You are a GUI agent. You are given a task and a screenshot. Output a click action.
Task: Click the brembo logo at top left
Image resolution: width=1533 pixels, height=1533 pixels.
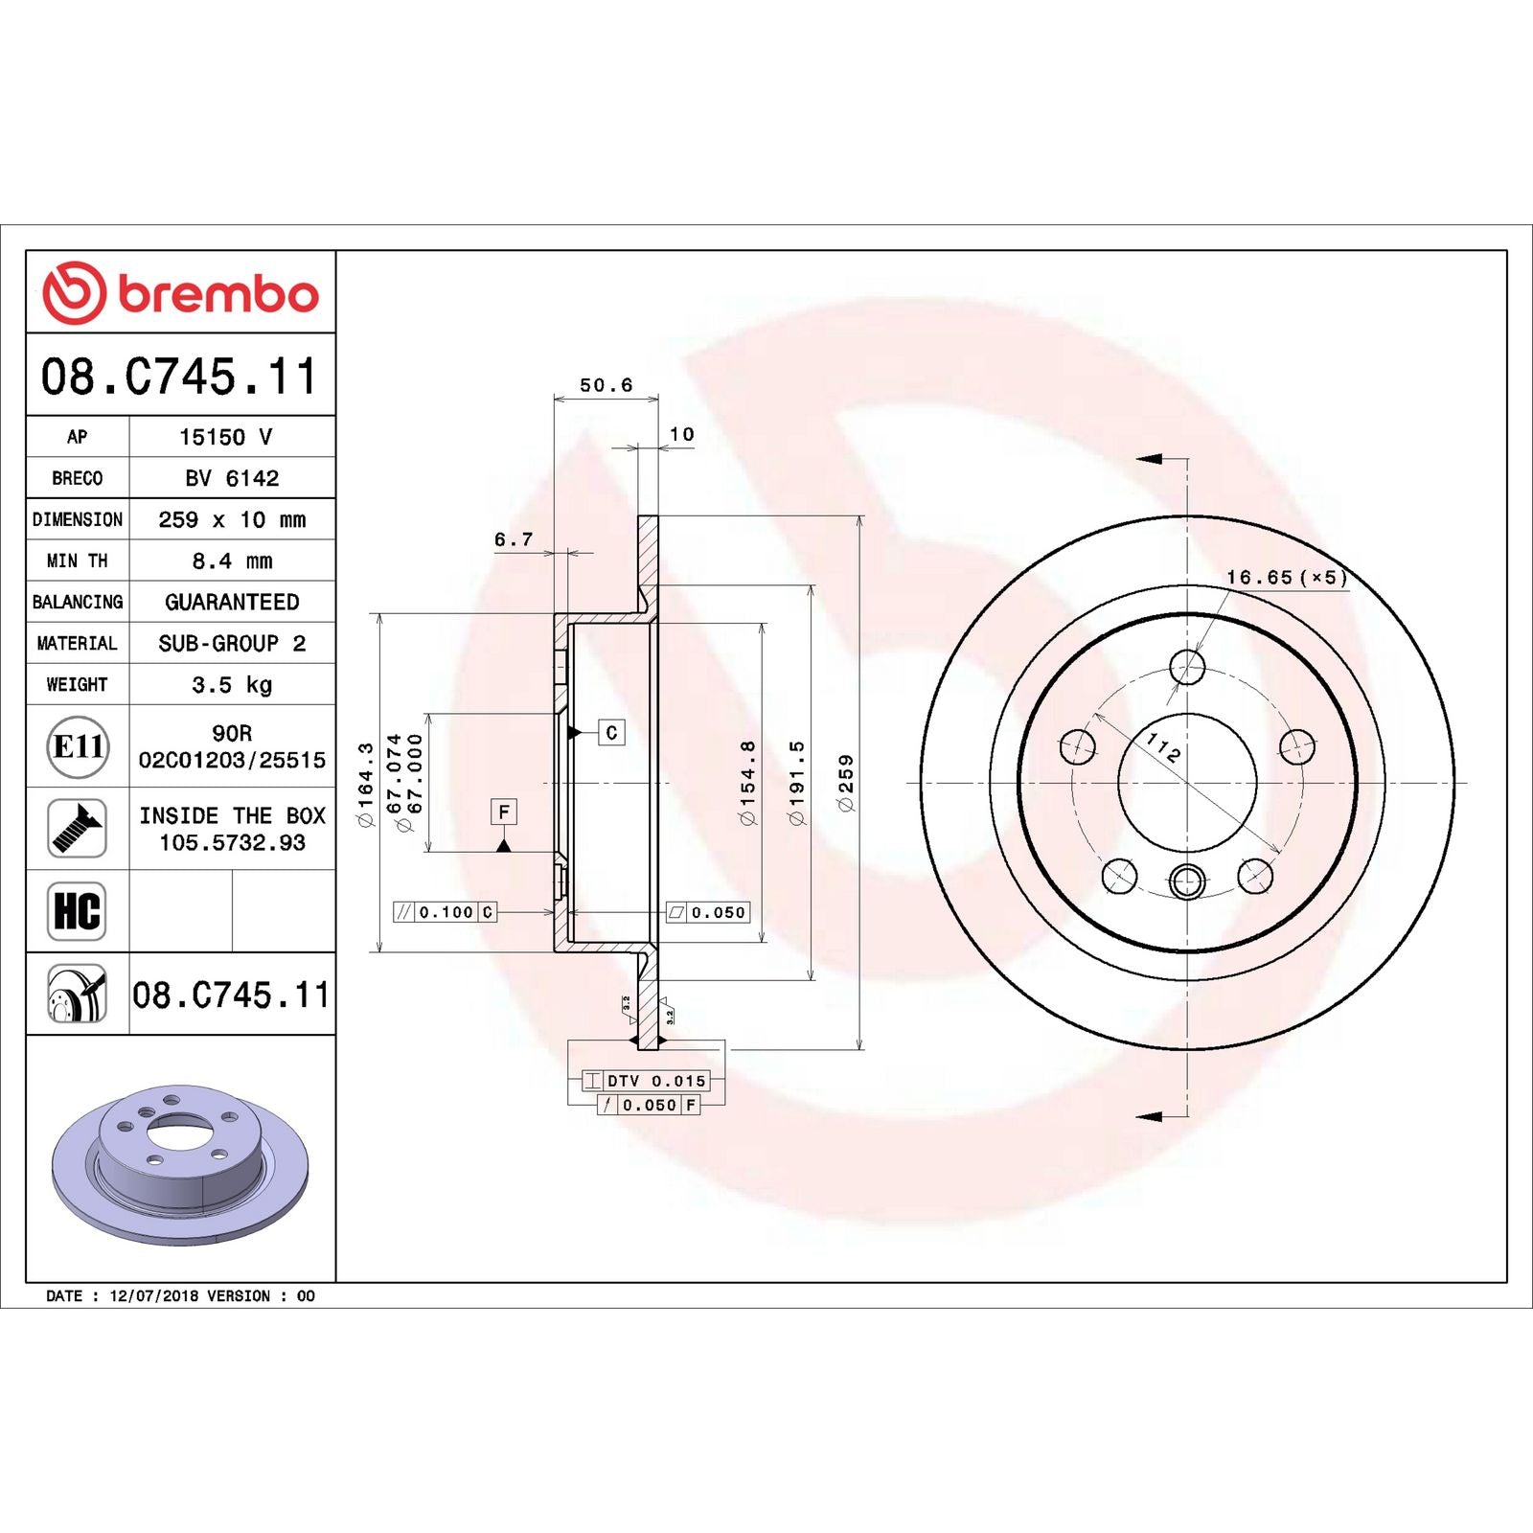click(x=180, y=292)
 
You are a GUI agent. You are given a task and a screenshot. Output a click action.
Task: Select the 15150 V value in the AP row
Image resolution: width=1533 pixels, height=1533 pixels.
click(x=226, y=437)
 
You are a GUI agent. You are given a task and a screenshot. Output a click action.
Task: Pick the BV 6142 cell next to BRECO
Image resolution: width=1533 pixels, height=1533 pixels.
click(x=232, y=478)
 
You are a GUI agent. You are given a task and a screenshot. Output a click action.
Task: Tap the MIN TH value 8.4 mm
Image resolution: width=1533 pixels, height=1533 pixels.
click(x=232, y=561)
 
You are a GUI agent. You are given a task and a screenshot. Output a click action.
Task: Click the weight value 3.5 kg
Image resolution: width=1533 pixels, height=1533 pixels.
click(x=232, y=684)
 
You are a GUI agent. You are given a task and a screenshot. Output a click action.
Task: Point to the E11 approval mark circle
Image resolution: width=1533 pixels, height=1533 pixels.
click(x=78, y=746)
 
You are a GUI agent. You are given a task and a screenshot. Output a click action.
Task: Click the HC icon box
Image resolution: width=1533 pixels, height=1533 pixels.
click(x=77, y=911)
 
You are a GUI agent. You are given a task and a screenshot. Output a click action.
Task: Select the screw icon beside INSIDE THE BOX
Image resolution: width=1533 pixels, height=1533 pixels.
click(x=77, y=829)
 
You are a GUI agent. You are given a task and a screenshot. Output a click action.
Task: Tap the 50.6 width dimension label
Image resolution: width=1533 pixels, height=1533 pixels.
click(x=606, y=385)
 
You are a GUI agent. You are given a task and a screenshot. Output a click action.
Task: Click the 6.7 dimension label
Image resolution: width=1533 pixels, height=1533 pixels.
click(x=514, y=539)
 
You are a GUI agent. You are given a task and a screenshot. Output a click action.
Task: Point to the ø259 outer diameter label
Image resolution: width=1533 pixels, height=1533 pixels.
click(x=846, y=783)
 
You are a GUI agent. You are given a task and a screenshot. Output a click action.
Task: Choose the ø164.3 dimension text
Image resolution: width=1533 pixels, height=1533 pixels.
click(x=365, y=783)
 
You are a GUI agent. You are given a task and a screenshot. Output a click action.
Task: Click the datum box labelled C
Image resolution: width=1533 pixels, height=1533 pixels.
click(x=611, y=733)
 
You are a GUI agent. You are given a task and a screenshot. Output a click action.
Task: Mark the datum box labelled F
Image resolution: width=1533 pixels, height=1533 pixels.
click(x=504, y=812)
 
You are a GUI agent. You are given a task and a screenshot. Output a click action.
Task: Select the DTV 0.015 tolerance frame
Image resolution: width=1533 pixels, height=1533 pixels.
click(x=646, y=1081)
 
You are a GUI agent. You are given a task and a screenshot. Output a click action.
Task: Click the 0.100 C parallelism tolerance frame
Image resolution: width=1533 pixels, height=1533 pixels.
click(x=446, y=912)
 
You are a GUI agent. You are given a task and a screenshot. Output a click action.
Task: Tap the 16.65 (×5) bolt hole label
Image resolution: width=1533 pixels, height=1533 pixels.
click(x=1287, y=577)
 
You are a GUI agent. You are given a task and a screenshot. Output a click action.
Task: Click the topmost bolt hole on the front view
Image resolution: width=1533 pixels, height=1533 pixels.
click(x=1187, y=666)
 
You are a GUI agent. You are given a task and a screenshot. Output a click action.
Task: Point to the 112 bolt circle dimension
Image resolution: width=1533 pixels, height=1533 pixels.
click(x=1163, y=746)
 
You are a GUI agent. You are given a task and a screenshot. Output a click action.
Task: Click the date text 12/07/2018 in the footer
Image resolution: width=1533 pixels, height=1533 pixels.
click(x=153, y=1295)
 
